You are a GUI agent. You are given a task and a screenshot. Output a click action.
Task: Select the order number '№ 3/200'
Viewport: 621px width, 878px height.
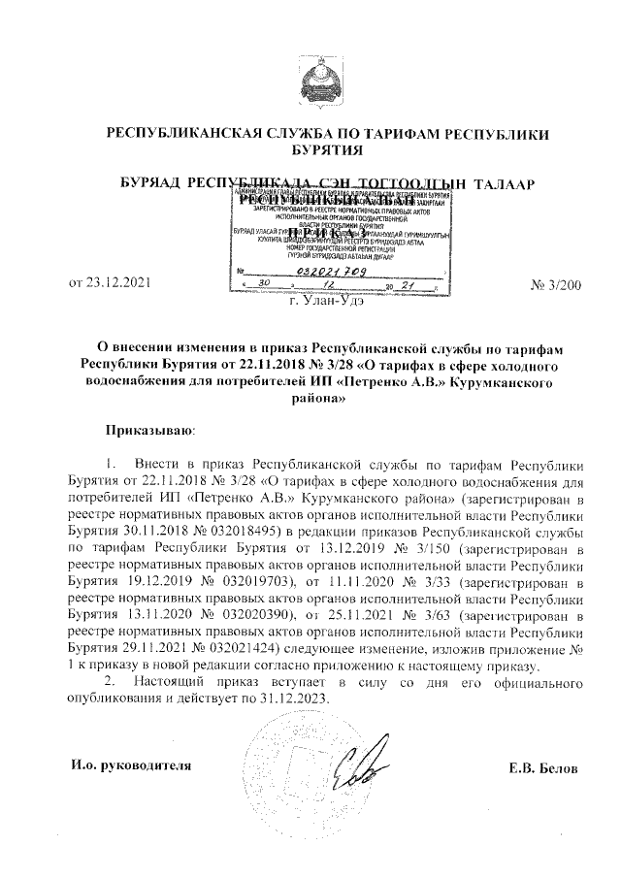pyautogui.click(x=557, y=285)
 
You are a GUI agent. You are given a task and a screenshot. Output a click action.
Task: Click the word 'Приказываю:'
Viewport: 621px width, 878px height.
pyautogui.click(x=149, y=428)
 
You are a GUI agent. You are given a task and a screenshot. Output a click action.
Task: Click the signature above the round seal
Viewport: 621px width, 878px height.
pyautogui.click(x=372, y=765)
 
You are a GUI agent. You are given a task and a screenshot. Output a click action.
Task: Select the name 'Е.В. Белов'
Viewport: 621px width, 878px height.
pyautogui.click(x=543, y=768)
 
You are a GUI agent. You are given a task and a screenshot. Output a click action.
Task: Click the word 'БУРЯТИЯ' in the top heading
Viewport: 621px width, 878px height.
pyautogui.click(x=327, y=150)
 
